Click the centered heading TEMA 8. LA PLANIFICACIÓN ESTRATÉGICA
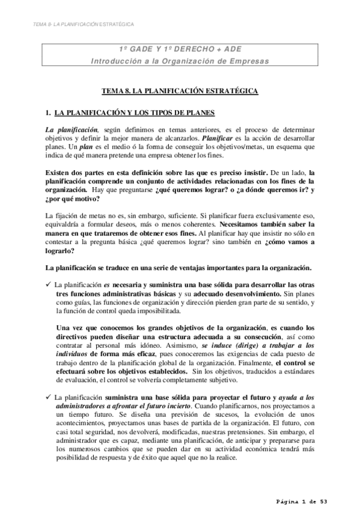coord(180,91)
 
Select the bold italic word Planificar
coord(218,138)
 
